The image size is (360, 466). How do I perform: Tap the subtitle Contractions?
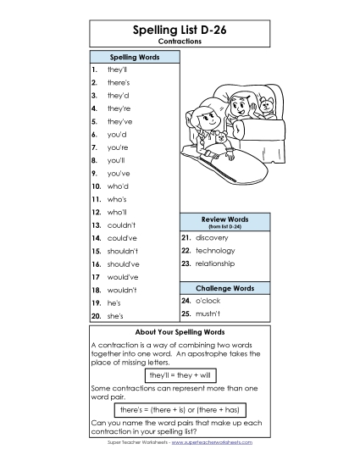(180, 41)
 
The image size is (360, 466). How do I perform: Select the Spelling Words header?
(135, 57)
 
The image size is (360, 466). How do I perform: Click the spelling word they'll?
(117, 70)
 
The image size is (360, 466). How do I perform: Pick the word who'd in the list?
(118, 186)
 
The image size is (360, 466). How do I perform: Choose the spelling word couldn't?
(122, 225)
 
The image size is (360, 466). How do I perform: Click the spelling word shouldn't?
(125, 251)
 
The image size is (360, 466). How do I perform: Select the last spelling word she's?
(115, 315)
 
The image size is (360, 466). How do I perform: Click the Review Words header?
(224, 220)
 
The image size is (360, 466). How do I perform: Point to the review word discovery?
(211, 238)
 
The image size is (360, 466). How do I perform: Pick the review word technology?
(215, 251)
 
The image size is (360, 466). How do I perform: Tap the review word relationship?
(217, 264)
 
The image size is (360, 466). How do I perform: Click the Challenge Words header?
(224, 288)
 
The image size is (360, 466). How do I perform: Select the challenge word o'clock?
(208, 300)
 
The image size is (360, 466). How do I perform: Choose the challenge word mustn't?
(208, 313)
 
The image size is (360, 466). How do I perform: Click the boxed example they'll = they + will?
(180, 374)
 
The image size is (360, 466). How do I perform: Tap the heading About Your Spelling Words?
(180, 331)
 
